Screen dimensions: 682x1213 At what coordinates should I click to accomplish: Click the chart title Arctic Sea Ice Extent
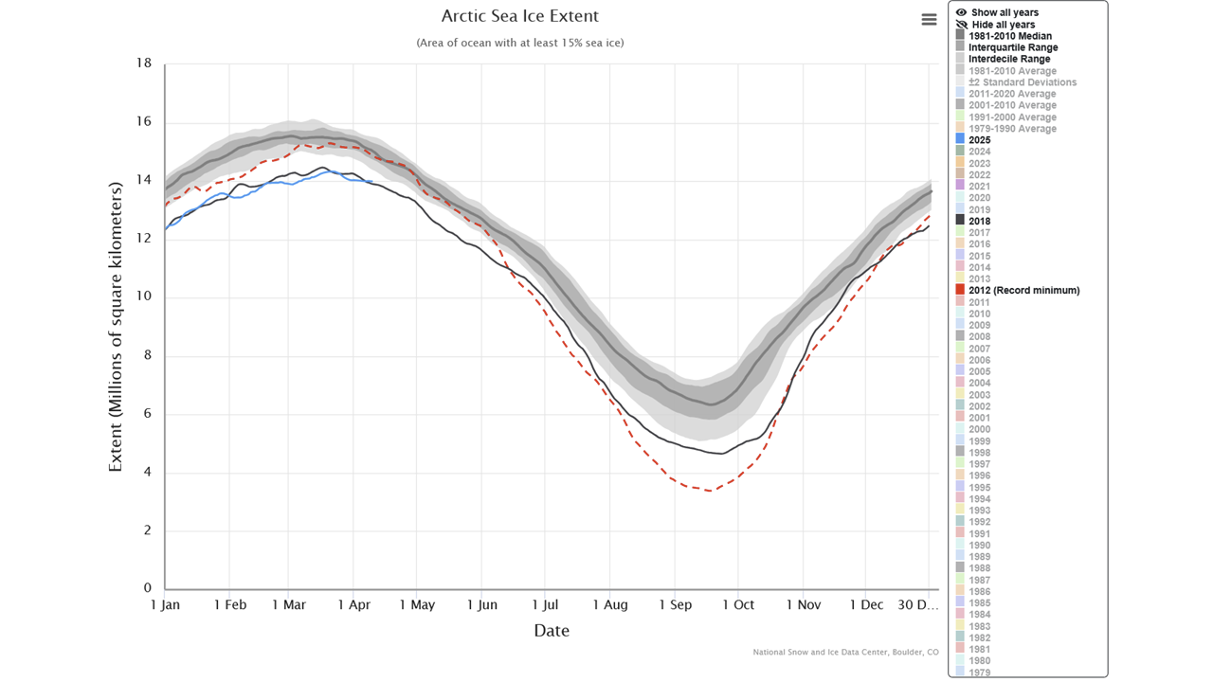519,16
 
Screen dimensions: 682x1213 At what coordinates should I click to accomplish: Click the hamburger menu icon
929,20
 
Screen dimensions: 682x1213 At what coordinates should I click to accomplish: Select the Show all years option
1004,12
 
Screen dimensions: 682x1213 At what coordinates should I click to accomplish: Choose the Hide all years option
1002,25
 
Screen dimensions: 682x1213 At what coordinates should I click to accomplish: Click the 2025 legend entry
979,140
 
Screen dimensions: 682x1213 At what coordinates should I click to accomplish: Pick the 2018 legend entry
979,221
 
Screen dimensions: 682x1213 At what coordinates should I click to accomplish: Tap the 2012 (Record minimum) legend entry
1023,290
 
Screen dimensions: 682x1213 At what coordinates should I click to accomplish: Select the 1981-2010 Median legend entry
1009,36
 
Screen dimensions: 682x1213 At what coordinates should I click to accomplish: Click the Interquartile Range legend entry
1013,47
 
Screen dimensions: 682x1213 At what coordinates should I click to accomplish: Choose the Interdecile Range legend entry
1009,59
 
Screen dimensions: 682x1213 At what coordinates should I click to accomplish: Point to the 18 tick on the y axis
144,63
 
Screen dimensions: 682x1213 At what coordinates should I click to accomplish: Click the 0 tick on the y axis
147,588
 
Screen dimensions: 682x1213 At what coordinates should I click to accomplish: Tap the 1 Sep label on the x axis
675,604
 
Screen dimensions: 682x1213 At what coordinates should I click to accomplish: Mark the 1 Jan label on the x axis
165,604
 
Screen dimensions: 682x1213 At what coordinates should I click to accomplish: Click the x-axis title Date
551,630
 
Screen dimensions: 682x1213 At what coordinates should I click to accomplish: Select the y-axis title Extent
116,327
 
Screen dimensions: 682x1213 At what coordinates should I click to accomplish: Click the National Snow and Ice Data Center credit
845,652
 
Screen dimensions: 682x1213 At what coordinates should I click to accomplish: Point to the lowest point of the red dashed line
710,490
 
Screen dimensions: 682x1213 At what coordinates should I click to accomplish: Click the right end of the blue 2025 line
372,182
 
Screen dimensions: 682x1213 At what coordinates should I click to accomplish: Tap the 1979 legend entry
979,673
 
